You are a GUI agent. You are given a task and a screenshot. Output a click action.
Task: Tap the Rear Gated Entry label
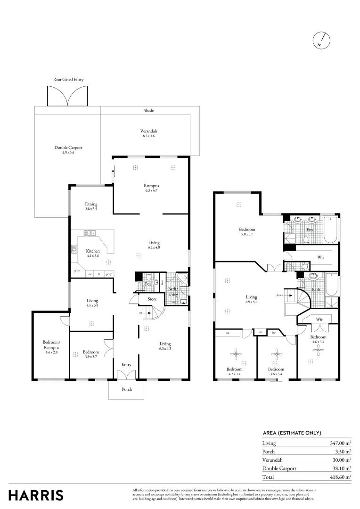tap(68, 80)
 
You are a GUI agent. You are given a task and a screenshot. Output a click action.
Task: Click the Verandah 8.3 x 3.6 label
tap(148, 133)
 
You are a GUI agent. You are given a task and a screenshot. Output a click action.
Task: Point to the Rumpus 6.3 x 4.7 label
tap(151, 188)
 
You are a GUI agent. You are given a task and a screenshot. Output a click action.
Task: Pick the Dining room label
tap(91, 206)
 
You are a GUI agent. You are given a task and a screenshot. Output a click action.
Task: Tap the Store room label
tap(152, 299)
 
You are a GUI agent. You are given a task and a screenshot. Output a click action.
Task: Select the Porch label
tap(127, 389)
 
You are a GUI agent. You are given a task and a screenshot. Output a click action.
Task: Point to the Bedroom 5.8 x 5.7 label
tap(247, 232)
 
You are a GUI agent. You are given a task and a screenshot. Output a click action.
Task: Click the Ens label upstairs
tap(310, 230)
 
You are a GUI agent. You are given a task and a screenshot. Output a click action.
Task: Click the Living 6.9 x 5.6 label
tap(251, 299)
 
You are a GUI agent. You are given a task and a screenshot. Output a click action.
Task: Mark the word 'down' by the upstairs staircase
tap(279, 296)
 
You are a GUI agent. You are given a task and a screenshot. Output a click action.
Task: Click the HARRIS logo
tap(36, 495)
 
